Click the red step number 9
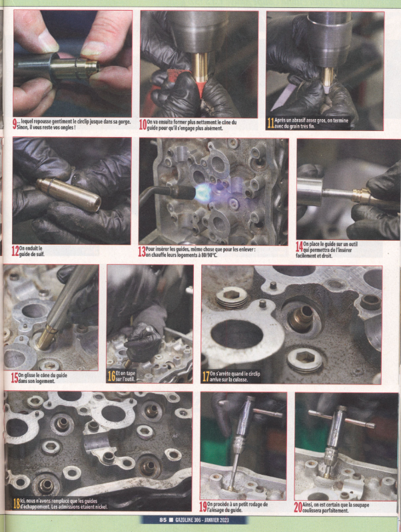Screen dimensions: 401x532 coord(15,125)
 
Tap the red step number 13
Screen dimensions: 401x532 coord(141,252)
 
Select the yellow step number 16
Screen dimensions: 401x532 coord(111,376)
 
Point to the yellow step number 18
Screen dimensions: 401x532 coord(16,503)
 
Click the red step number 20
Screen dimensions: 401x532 coord(298,507)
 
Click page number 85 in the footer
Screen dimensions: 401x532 coord(163,520)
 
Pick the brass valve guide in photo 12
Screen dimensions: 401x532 coord(69,194)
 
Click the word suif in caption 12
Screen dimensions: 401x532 coord(40,253)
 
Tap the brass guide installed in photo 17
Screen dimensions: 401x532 coord(301,317)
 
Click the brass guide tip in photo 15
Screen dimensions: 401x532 coord(47,338)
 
